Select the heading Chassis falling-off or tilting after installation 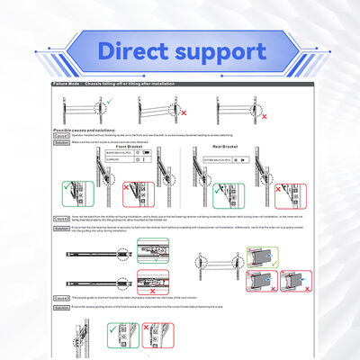[x=130, y=82]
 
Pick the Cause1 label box [x=61, y=136]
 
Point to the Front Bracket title [x=132, y=147]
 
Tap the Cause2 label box [x=61, y=217]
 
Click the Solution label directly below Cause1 [x=61, y=142]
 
